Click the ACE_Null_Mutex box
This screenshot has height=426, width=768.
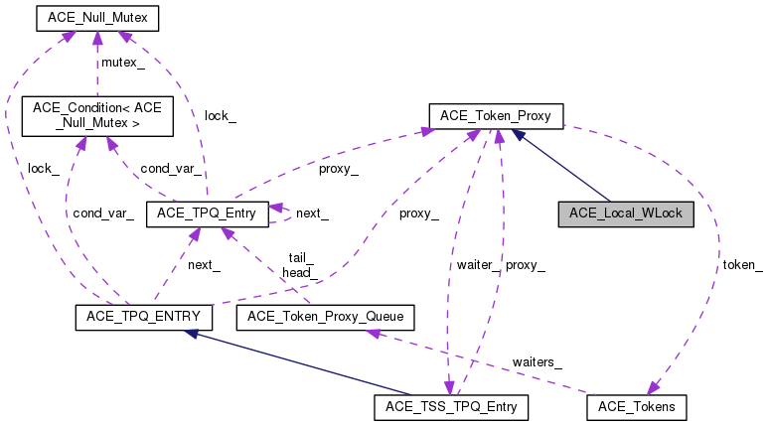coord(96,18)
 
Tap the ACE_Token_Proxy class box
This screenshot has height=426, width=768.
coord(496,116)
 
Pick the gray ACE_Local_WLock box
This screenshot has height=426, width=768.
coord(625,213)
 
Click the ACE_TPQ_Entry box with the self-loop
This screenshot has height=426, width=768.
coord(207,213)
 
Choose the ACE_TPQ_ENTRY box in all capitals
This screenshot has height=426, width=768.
coord(138,317)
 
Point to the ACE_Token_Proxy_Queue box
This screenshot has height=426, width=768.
coord(325,317)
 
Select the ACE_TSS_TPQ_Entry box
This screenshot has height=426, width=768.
coord(450,406)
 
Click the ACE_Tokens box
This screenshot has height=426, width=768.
coord(636,406)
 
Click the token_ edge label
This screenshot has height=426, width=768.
coord(742,264)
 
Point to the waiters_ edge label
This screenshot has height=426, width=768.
coord(537,361)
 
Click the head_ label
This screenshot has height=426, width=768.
coord(298,271)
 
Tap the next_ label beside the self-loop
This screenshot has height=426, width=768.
coord(312,213)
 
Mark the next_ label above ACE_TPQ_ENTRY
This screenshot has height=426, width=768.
coord(204,264)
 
